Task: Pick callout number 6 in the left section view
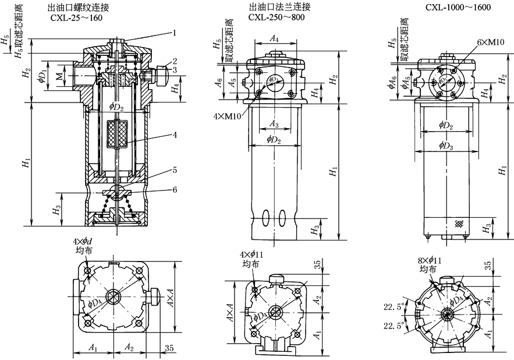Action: [173, 189]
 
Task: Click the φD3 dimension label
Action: [446, 145]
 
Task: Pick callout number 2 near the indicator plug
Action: [173, 60]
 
